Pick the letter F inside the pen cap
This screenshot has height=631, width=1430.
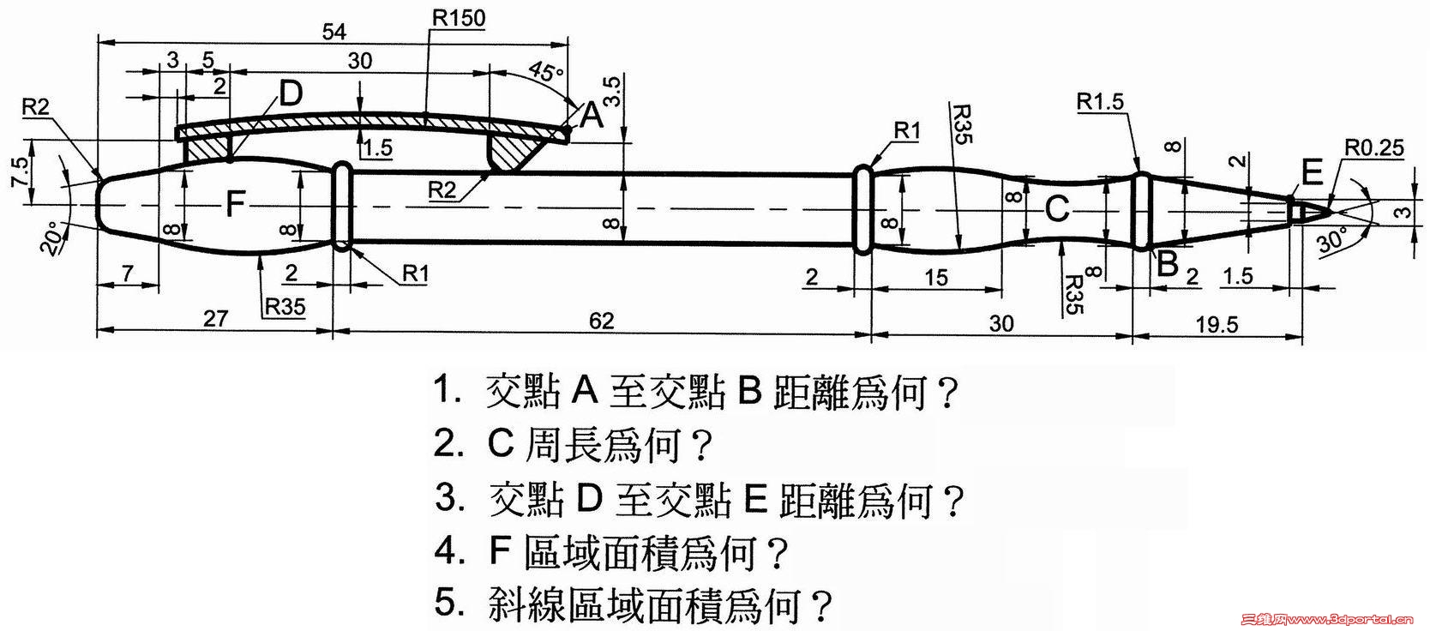pos(236,204)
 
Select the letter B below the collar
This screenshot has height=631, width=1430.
pos(1166,264)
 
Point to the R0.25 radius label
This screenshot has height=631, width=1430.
pos(1373,147)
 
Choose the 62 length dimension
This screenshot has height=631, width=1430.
pos(602,321)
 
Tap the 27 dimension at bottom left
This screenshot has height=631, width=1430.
pos(215,319)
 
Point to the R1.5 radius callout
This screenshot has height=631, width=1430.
pos(1100,102)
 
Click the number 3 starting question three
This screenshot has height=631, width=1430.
pos(446,497)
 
